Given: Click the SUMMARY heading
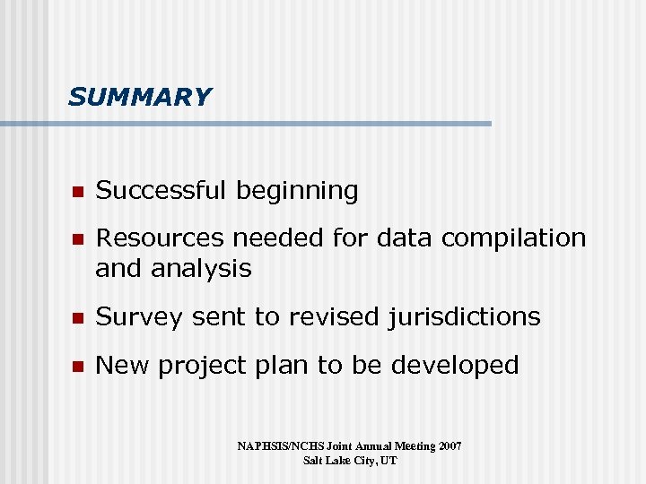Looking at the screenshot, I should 139,97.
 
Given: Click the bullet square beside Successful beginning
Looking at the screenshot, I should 77,192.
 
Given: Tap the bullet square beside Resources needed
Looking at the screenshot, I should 77,239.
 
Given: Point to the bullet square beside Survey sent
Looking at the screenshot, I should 77,318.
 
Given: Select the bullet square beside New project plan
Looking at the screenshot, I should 77,367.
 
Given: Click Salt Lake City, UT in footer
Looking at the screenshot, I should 349,461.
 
